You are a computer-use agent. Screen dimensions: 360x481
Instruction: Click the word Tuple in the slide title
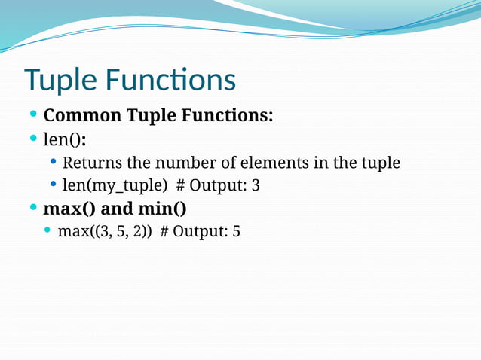click(61, 81)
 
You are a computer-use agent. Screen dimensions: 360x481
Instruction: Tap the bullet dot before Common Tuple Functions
click(34, 116)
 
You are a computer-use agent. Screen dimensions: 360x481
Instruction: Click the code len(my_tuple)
click(115, 185)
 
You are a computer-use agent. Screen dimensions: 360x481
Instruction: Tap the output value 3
click(256, 185)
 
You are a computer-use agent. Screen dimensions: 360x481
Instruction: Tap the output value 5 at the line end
click(236, 230)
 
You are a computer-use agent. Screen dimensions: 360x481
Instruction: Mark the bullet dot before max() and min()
click(34, 207)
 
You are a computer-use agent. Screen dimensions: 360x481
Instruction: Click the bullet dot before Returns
click(54, 163)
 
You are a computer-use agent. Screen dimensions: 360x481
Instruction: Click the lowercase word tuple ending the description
click(379, 163)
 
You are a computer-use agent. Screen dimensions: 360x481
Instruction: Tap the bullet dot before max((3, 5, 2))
click(48, 230)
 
